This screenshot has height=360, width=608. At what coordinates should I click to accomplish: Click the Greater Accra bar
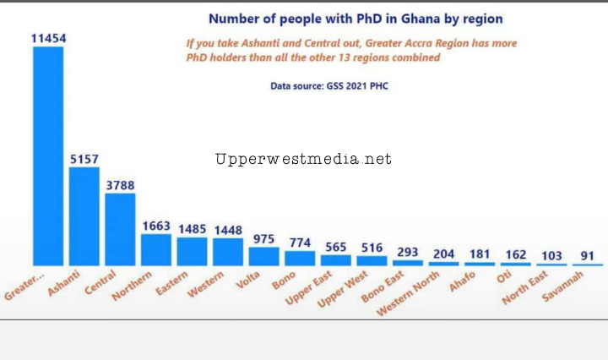point(47,155)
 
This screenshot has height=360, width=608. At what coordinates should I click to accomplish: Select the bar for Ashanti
point(84,215)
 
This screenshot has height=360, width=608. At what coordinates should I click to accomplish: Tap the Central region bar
point(120,229)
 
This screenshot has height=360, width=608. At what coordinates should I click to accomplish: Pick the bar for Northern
point(156,249)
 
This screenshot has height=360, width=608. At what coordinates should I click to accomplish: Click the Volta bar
point(263,256)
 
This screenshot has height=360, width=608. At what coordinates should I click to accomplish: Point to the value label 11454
point(48,38)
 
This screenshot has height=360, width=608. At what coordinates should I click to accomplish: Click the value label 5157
point(84,158)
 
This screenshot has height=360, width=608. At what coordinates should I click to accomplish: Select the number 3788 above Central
point(120,185)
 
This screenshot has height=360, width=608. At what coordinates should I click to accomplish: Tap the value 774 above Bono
point(300,242)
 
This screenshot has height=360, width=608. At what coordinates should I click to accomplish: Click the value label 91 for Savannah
point(587,255)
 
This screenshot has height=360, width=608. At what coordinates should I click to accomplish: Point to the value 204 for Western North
point(443,253)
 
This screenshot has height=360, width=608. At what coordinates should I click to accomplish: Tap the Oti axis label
point(505,276)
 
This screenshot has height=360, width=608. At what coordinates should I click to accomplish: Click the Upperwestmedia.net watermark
point(303,159)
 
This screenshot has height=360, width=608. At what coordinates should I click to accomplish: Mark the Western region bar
point(228,251)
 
